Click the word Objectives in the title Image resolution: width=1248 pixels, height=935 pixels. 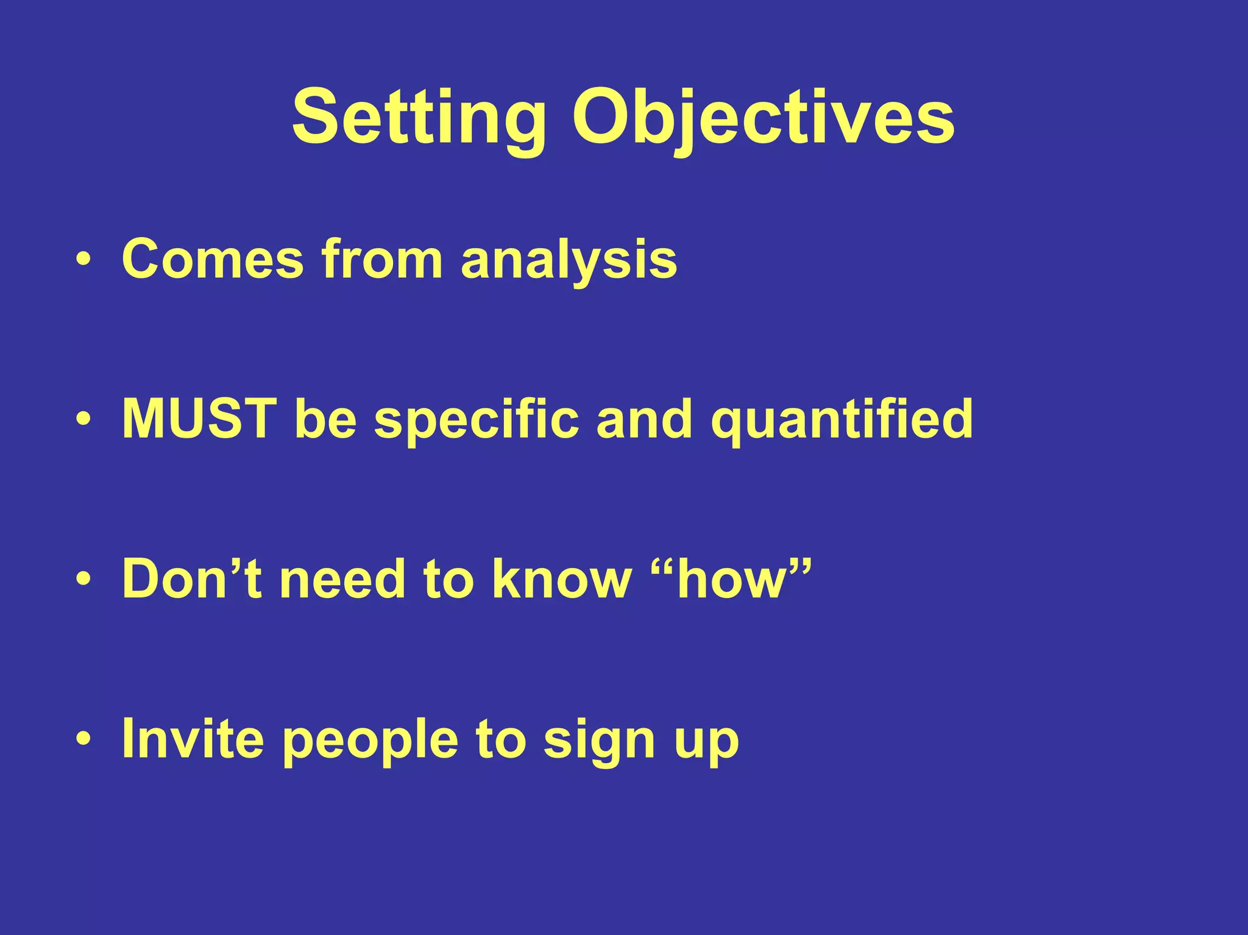point(762,119)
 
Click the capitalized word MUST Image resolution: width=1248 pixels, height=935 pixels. point(199,419)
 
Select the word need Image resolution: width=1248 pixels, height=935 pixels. point(342,579)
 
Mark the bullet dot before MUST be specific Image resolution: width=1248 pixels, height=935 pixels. point(84,420)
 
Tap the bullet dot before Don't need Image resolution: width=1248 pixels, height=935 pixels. point(84,580)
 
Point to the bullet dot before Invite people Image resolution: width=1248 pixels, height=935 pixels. point(84,739)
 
